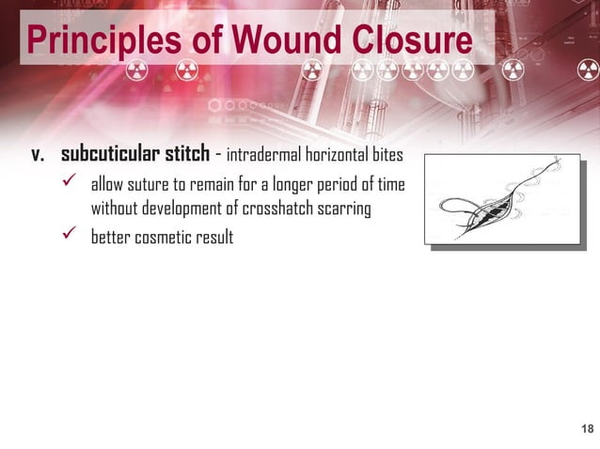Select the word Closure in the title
(409, 40)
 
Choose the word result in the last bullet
(214, 237)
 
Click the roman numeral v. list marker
(39, 154)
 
